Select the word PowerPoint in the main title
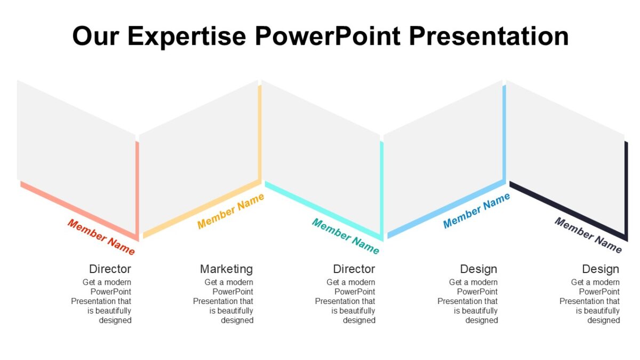[x=327, y=36]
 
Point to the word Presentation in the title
[x=489, y=36]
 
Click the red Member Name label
[x=101, y=236]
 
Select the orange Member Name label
[x=230, y=211]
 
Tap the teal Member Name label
[x=345, y=236]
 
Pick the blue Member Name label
[x=476, y=211]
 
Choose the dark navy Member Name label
[x=588, y=235]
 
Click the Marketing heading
[x=226, y=269]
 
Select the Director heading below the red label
[x=110, y=269]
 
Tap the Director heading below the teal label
[x=354, y=269]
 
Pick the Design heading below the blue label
[x=478, y=269]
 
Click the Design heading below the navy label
[x=601, y=269]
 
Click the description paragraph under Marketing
[x=224, y=301]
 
